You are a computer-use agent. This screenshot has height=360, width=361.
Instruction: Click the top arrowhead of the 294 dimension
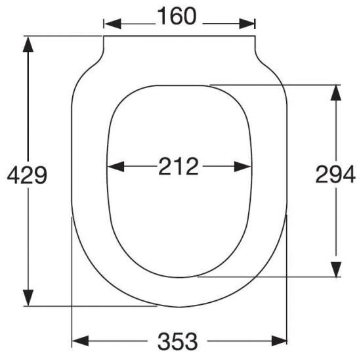coord(335,93)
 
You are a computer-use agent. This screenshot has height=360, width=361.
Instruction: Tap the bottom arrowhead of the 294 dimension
coord(335,269)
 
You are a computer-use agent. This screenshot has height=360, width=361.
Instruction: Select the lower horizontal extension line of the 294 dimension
coord(276,277)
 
